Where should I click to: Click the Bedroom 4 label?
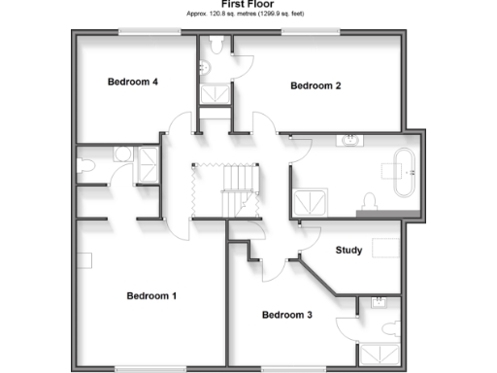pyautogui.click(x=133, y=82)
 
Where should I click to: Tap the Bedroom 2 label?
pyautogui.click(x=316, y=85)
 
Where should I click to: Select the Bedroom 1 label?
pyautogui.click(x=151, y=295)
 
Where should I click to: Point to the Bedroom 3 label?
pyautogui.click(x=287, y=315)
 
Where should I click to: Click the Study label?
pyautogui.click(x=348, y=251)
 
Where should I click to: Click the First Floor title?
pyautogui.click(x=248, y=5)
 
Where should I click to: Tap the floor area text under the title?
pyautogui.click(x=248, y=15)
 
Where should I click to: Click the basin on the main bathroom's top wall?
pyautogui.click(x=349, y=140)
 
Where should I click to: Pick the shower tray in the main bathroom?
pyautogui.click(x=311, y=202)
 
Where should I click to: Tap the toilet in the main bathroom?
pyautogui.click(x=368, y=200)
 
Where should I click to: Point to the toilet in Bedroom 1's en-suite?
pyautogui.click(x=86, y=167)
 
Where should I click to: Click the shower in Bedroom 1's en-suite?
pyautogui.click(x=149, y=164)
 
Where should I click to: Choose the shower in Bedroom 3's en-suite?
pyautogui.click(x=379, y=355)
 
